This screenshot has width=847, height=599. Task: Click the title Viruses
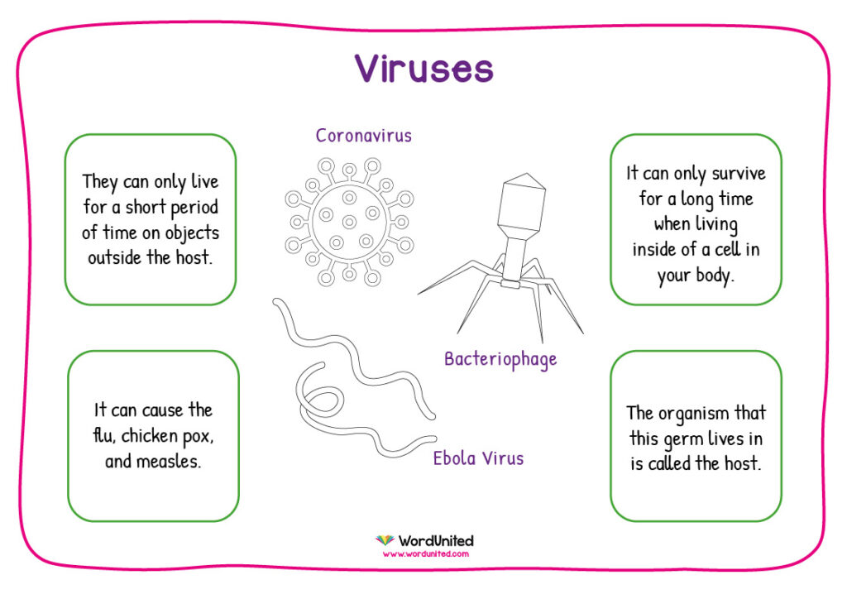coord(424,68)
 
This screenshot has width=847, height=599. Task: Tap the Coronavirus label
coord(364,135)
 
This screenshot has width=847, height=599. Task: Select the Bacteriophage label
coord(500,359)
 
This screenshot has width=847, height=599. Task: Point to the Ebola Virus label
coord(478,458)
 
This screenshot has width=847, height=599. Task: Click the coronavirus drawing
coord(350,222)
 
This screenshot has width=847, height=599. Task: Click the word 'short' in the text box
coord(146,207)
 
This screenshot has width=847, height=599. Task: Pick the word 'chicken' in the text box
coord(149,435)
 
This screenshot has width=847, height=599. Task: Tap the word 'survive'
coord(739,174)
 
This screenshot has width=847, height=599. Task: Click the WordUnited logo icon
coord(385,540)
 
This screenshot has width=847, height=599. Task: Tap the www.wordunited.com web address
coord(426,553)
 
